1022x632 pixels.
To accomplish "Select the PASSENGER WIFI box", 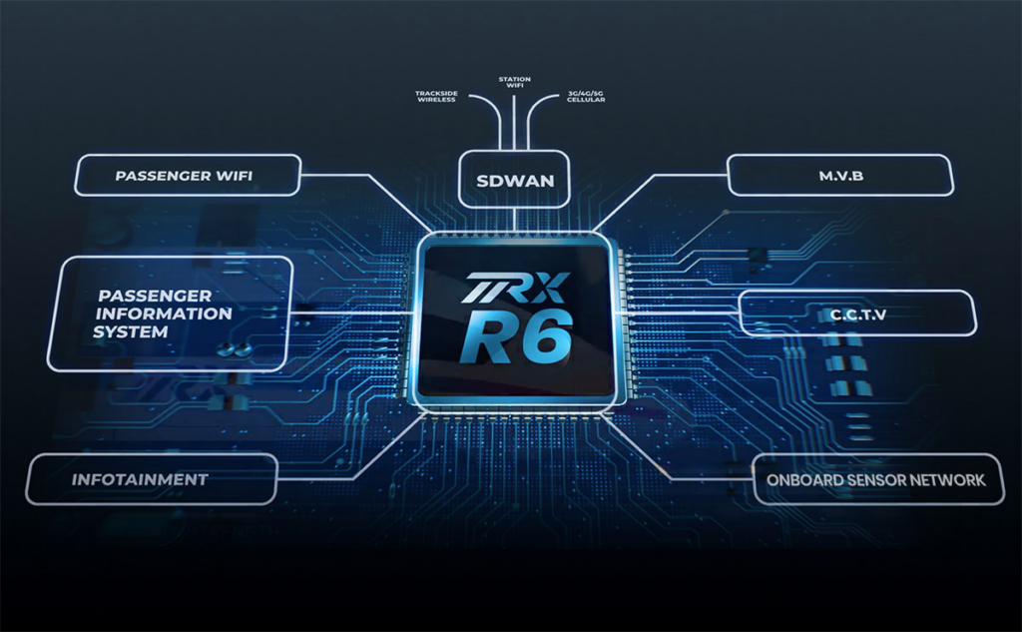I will (x=187, y=175).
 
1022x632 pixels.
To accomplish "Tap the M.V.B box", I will (x=839, y=175).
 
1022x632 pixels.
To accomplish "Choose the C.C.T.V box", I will (x=856, y=314).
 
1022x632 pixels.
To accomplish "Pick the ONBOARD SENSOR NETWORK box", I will (x=875, y=479).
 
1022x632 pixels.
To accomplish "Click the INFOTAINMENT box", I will (x=151, y=479).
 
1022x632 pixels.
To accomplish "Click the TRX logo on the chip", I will (x=515, y=289).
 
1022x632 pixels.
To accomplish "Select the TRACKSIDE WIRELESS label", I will (x=435, y=97).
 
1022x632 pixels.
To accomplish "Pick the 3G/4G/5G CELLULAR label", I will (x=585, y=97).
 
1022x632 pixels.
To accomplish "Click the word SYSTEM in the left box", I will (x=131, y=331).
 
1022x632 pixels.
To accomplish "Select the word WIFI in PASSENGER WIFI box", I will (x=233, y=176).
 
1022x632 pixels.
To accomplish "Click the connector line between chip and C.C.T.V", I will (x=679, y=312).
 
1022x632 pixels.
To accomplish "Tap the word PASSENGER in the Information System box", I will (x=156, y=296).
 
